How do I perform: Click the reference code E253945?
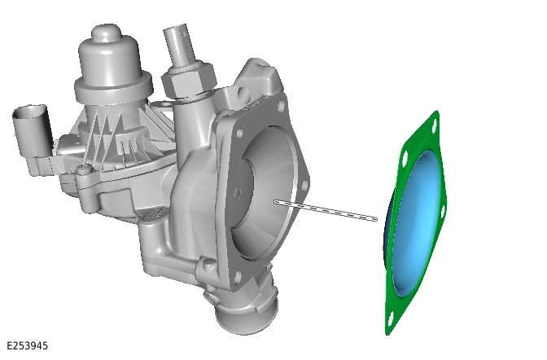coord(27,345)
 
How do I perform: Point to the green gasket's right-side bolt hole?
coord(441,213)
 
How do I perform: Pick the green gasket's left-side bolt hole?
coord(405,160)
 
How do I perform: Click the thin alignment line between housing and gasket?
coord(326,211)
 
